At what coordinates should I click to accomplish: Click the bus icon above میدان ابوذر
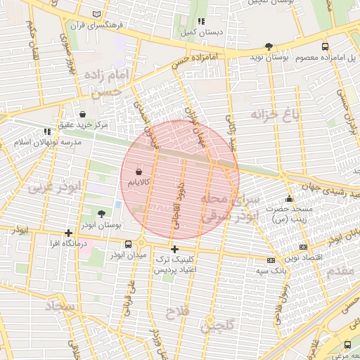[x=128, y=244]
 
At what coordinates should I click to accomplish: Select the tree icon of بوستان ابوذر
[x=102, y=214]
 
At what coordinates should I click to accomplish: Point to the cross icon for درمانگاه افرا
[x=68, y=233]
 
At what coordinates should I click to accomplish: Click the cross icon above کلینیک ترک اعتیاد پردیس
[x=175, y=249]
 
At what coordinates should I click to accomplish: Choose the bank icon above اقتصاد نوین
[x=303, y=247]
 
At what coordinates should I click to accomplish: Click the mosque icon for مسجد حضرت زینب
[x=289, y=199]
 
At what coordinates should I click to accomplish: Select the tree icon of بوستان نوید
[x=269, y=46]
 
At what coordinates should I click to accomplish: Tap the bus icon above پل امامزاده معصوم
[x=324, y=46]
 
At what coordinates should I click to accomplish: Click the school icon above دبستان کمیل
[x=202, y=22]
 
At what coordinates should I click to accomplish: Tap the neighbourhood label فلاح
[x=176, y=310]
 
